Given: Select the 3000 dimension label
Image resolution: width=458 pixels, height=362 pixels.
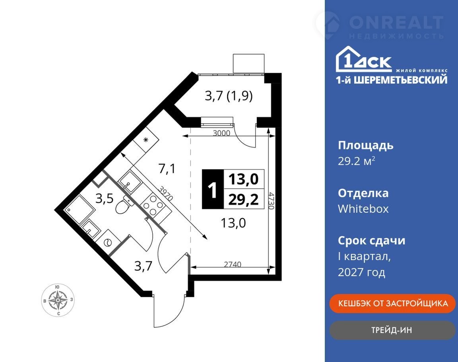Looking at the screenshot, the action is click(x=221, y=133).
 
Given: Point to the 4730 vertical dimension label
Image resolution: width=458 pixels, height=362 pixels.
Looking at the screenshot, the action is click(x=272, y=200).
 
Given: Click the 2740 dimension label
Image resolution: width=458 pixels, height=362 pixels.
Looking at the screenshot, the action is click(x=233, y=264).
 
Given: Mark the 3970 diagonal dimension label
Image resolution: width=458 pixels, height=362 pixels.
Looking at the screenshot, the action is click(x=166, y=193).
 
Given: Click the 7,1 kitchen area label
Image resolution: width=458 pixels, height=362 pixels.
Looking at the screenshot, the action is click(x=167, y=169).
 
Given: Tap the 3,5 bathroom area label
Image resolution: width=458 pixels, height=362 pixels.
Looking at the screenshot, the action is click(x=104, y=199).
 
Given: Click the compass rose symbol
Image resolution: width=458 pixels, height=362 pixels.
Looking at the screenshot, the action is click(x=58, y=300).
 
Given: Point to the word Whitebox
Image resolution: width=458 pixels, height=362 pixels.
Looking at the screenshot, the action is click(x=363, y=209).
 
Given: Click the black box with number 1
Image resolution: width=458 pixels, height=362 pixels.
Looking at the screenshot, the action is click(x=213, y=189).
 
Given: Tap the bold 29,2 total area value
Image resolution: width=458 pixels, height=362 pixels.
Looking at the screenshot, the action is click(x=243, y=200).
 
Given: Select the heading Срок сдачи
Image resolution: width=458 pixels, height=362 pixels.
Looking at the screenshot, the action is click(x=372, y=240).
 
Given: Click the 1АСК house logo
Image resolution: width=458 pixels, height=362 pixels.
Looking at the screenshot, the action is click(x=363, y=59).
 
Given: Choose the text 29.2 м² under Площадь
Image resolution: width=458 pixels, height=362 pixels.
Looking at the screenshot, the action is click(x=356, y=161).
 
